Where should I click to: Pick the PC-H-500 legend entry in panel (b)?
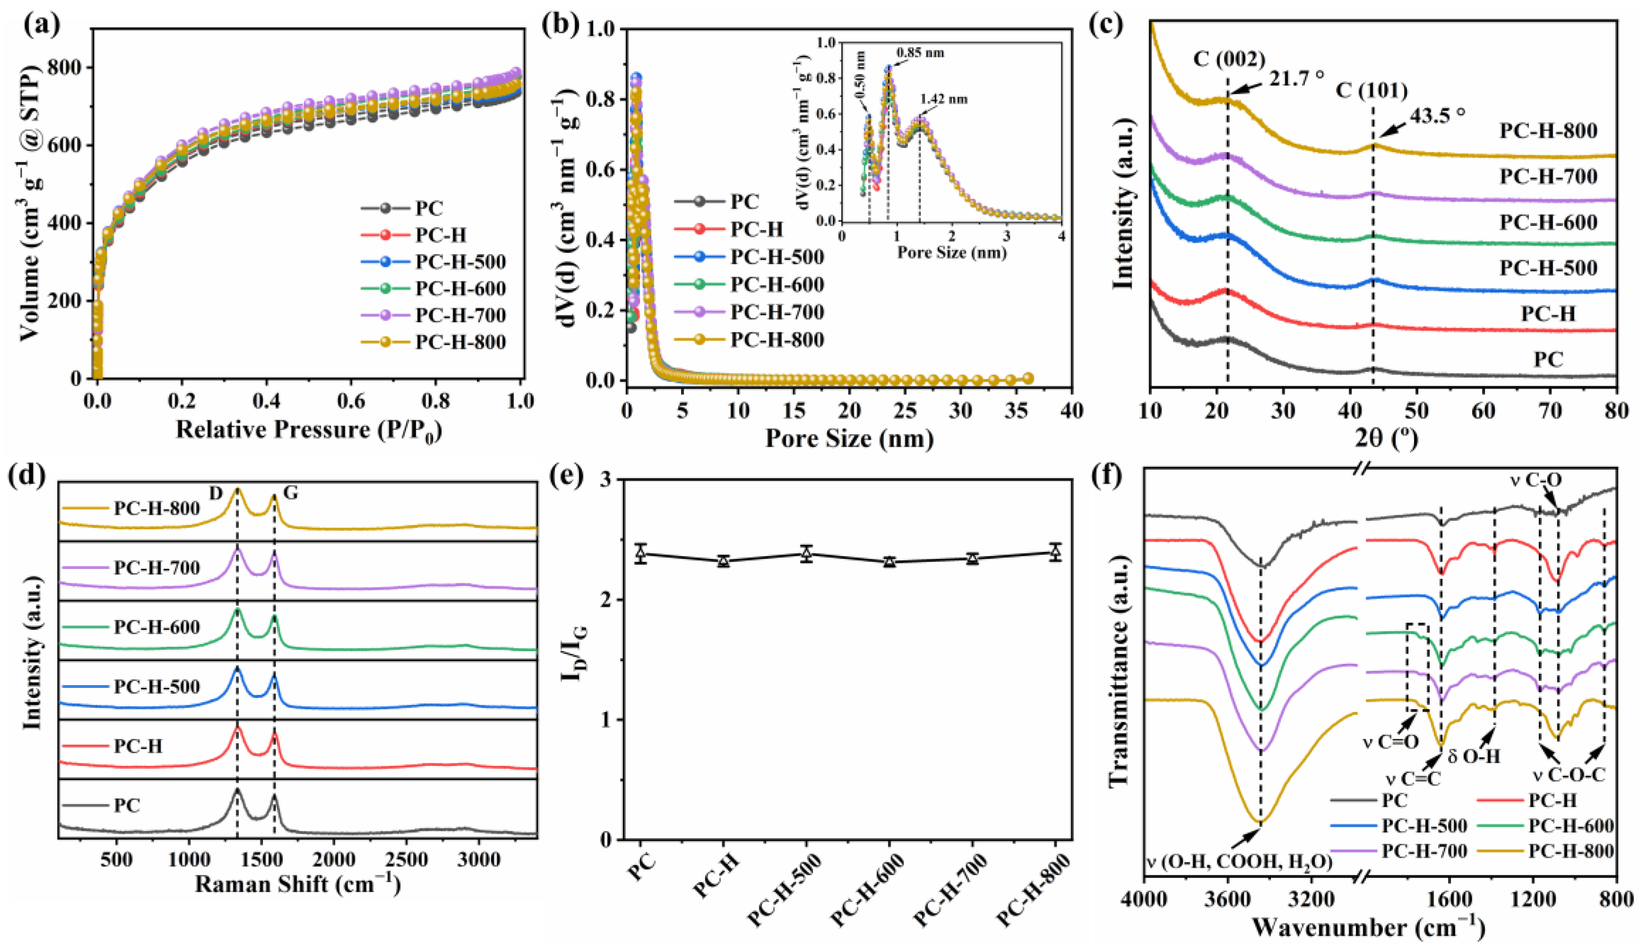(x=776, y=257)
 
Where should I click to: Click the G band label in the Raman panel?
(x=291, y=493)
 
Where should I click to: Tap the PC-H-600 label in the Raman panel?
(x=157, y=628)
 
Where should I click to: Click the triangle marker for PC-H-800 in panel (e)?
(x=1055, y=552)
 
